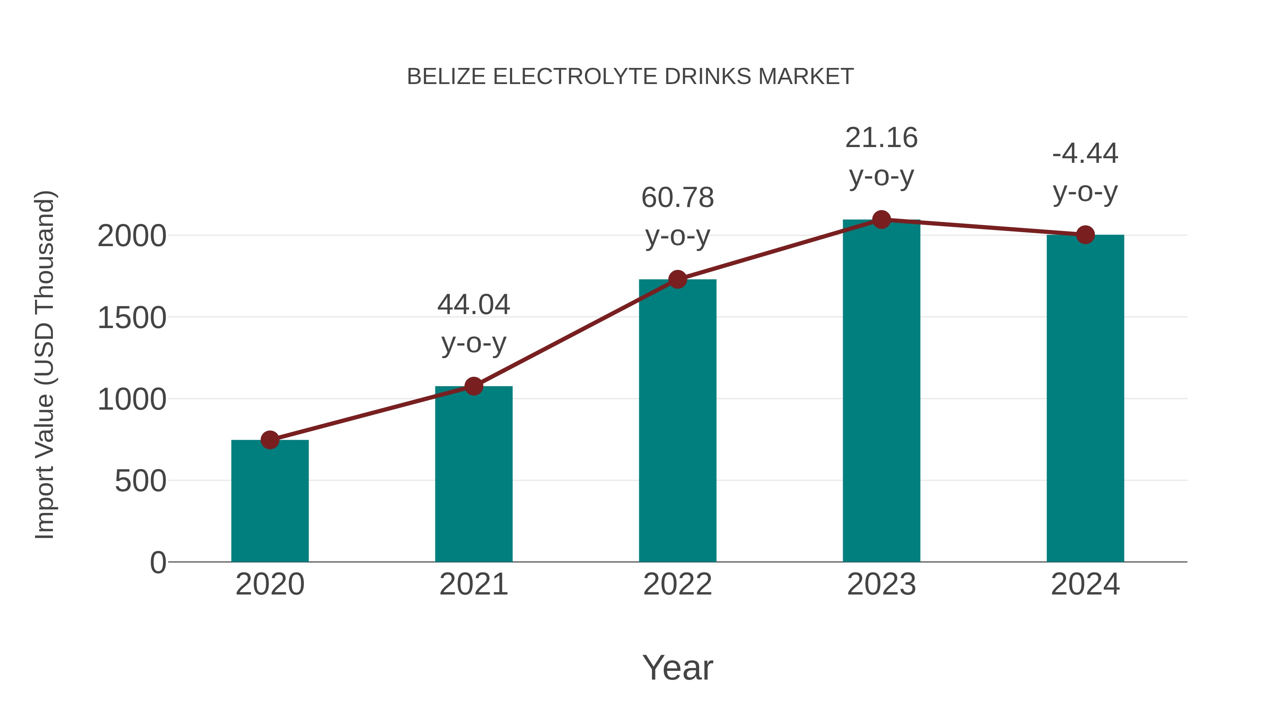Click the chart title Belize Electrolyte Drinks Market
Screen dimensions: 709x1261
tap(630, 77)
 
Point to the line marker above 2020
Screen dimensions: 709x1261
tap(270, 440)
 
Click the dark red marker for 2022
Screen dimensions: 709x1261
tap(677, 279)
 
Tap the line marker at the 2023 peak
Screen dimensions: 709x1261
tap(881, 220)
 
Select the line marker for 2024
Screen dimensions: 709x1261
tap(1085, 235)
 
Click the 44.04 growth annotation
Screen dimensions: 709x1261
tap(473, 305)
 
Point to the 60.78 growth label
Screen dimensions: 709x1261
tap(677, 198)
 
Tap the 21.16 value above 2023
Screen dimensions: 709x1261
tap(881, 138)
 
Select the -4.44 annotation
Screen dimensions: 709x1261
tap(1085, 154)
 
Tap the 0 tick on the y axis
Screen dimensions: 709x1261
tap(158, 563)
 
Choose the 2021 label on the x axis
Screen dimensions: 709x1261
tap(473, 584)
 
